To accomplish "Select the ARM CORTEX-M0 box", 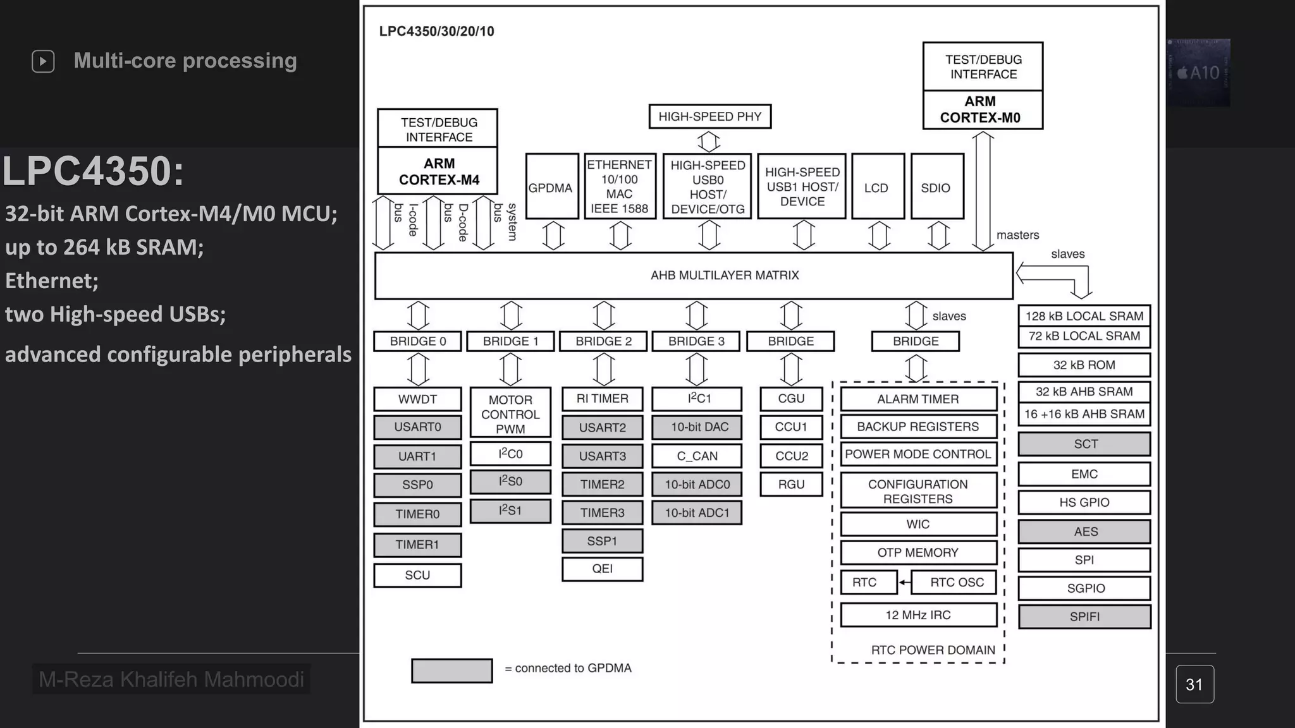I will point(983,109).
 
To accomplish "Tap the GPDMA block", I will point(551,187).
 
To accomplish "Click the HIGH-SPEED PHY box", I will point(709,116).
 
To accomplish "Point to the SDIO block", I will point(936,187).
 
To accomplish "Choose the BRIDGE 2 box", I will point(603,341).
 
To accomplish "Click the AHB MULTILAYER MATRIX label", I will point(725,275).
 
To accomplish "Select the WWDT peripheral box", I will point(417,399).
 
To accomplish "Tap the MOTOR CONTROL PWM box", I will point(510,413).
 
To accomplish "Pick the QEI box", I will point(602,569).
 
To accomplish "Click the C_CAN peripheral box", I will point(697,456).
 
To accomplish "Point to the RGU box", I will point(791,485).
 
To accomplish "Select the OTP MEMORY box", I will point(918,552).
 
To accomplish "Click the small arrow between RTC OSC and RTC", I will point(905,583).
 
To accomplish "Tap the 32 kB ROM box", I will point(1084,365).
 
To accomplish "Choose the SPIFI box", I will point(1084,617).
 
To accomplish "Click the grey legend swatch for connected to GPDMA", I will point(451,670).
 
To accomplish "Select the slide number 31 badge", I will point(1194,684).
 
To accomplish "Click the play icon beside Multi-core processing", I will point(43,61).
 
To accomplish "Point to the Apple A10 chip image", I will point(1198,73).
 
